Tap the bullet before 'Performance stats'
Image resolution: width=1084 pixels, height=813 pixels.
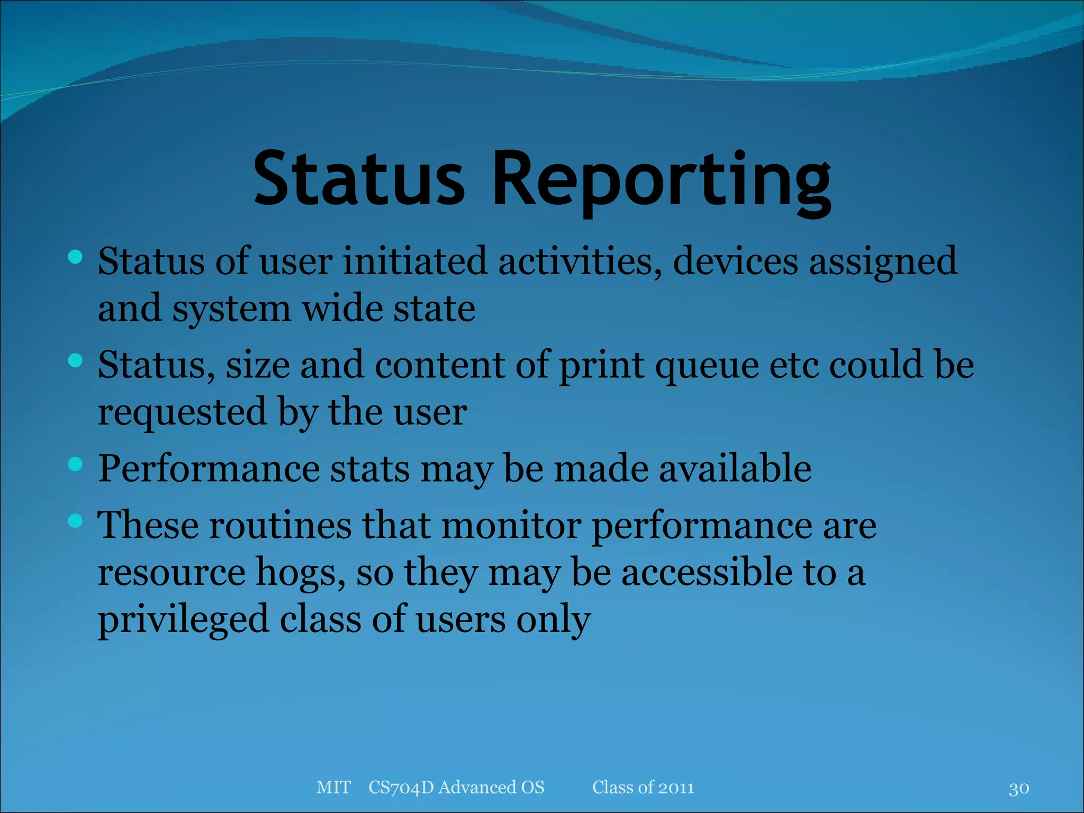pyautogui.click(x=76, y=464)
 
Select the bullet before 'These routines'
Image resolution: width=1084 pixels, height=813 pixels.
pyautogui.click(x=76, y=521)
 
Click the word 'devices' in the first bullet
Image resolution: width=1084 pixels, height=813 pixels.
pyautogui.click(x=735, y=261)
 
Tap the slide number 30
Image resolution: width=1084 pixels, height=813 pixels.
pyautogui.click(x=1018, y=789)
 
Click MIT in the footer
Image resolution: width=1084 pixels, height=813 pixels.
pyautogui.click(x=333, y=787)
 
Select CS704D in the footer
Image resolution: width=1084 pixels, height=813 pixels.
pyautogui.click(x=401, y=787)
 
